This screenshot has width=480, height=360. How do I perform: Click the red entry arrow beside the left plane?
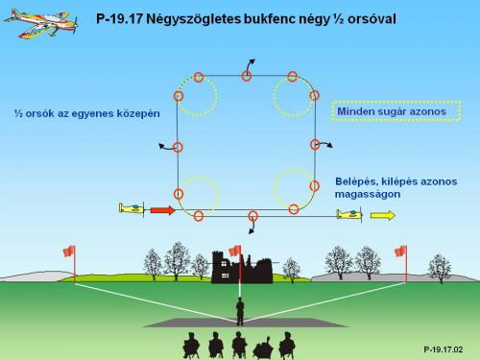[163, 210]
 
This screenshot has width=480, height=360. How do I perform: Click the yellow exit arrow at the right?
[383, 215]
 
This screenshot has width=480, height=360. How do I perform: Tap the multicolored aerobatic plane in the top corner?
[41, 23]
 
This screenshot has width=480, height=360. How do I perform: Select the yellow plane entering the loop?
[132, 208]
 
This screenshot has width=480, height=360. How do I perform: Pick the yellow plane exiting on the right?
[349, 214]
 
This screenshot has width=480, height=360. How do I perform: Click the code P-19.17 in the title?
[119, 19]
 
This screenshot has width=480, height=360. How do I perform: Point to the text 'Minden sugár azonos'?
[392, 111]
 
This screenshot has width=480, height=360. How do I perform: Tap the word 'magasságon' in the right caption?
[368, 195]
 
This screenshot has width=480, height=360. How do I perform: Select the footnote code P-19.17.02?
[444, 349]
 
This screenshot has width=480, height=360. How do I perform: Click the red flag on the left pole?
[69, 251]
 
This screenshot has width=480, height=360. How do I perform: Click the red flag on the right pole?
[400, 252]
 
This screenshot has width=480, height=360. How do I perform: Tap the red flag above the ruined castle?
[235, 251]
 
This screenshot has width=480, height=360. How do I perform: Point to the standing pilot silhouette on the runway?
[240, 311]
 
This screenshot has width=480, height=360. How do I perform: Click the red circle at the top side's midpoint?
[247, 76]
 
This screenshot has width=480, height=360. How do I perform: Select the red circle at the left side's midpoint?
[178, 147]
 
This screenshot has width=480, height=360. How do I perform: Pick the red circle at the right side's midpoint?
[315, 144]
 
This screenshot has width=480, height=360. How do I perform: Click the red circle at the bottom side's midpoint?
[253, 216]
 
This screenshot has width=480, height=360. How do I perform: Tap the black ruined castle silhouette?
[242, 268]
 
